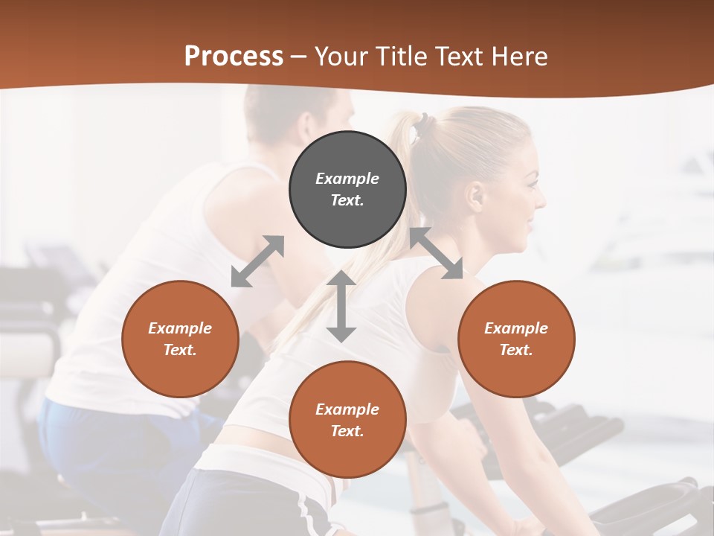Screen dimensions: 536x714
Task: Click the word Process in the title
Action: pyautogui.click(x=234, y=57)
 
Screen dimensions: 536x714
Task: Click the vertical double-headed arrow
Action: pyautogui.click(x=341, y=306)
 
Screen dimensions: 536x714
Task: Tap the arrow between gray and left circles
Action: pyautogui.click(x=257, y=261)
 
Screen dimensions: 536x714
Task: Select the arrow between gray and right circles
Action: pyautogui.click(x=436, y=253)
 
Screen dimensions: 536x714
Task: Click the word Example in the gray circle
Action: pyautogui.click(x=347, y=179)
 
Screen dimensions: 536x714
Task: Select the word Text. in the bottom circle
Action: pyautogui.click(x=347, y=431)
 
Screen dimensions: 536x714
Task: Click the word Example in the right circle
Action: pyautogui.click(x=516, y=328)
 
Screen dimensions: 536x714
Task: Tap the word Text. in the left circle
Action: pyautogui.click(x=180, y=350)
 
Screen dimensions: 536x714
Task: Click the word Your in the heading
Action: pyautogui.click(x=342, y=57)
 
